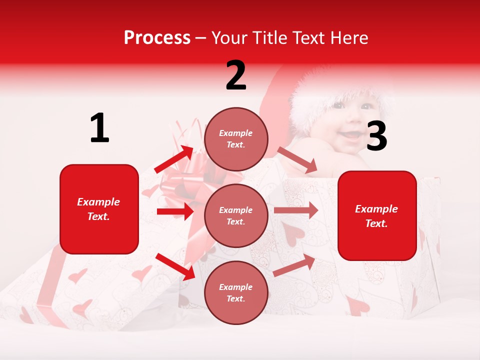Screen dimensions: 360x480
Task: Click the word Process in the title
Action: point(157,38)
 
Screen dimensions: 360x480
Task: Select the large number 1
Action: point(99,128)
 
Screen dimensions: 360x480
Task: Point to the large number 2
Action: point(236,75)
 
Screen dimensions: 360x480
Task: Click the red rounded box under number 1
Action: point(99,209)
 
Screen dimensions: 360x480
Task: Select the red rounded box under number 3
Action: point(377,215)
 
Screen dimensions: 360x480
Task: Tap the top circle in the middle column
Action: point(236,139)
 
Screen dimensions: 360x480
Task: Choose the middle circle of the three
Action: point(236,215)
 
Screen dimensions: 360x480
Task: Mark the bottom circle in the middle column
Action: point(236,292)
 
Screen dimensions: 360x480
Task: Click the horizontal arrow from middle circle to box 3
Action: point(295,210)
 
